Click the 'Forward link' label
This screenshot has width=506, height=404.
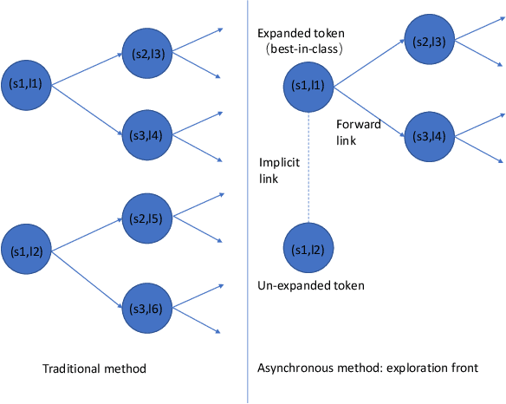click(x=358, y=131)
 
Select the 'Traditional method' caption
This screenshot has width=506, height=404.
click(x=94, y=369)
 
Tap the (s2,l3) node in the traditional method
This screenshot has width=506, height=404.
click(x=149, y=55)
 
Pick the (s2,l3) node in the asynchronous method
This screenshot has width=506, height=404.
click(x=430, y=42)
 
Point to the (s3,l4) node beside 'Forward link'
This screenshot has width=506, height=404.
click(x=430, y=136)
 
